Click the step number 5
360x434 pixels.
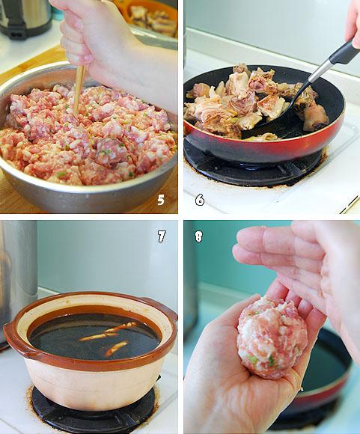pyautogui.click(x=161, y=199)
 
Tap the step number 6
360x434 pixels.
pyautogui.click(x=200, y=200)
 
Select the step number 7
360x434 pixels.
pyautogui.click(x=162, y=236)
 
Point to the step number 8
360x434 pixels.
pyautogui.click(x=198, y=236)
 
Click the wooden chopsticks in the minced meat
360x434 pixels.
pyautogui.click(x=79, y=88)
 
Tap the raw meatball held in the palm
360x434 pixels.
pyautogui.click(x=272, y=337)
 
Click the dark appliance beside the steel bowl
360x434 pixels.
pyautogui.click(x=26, y=18)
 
